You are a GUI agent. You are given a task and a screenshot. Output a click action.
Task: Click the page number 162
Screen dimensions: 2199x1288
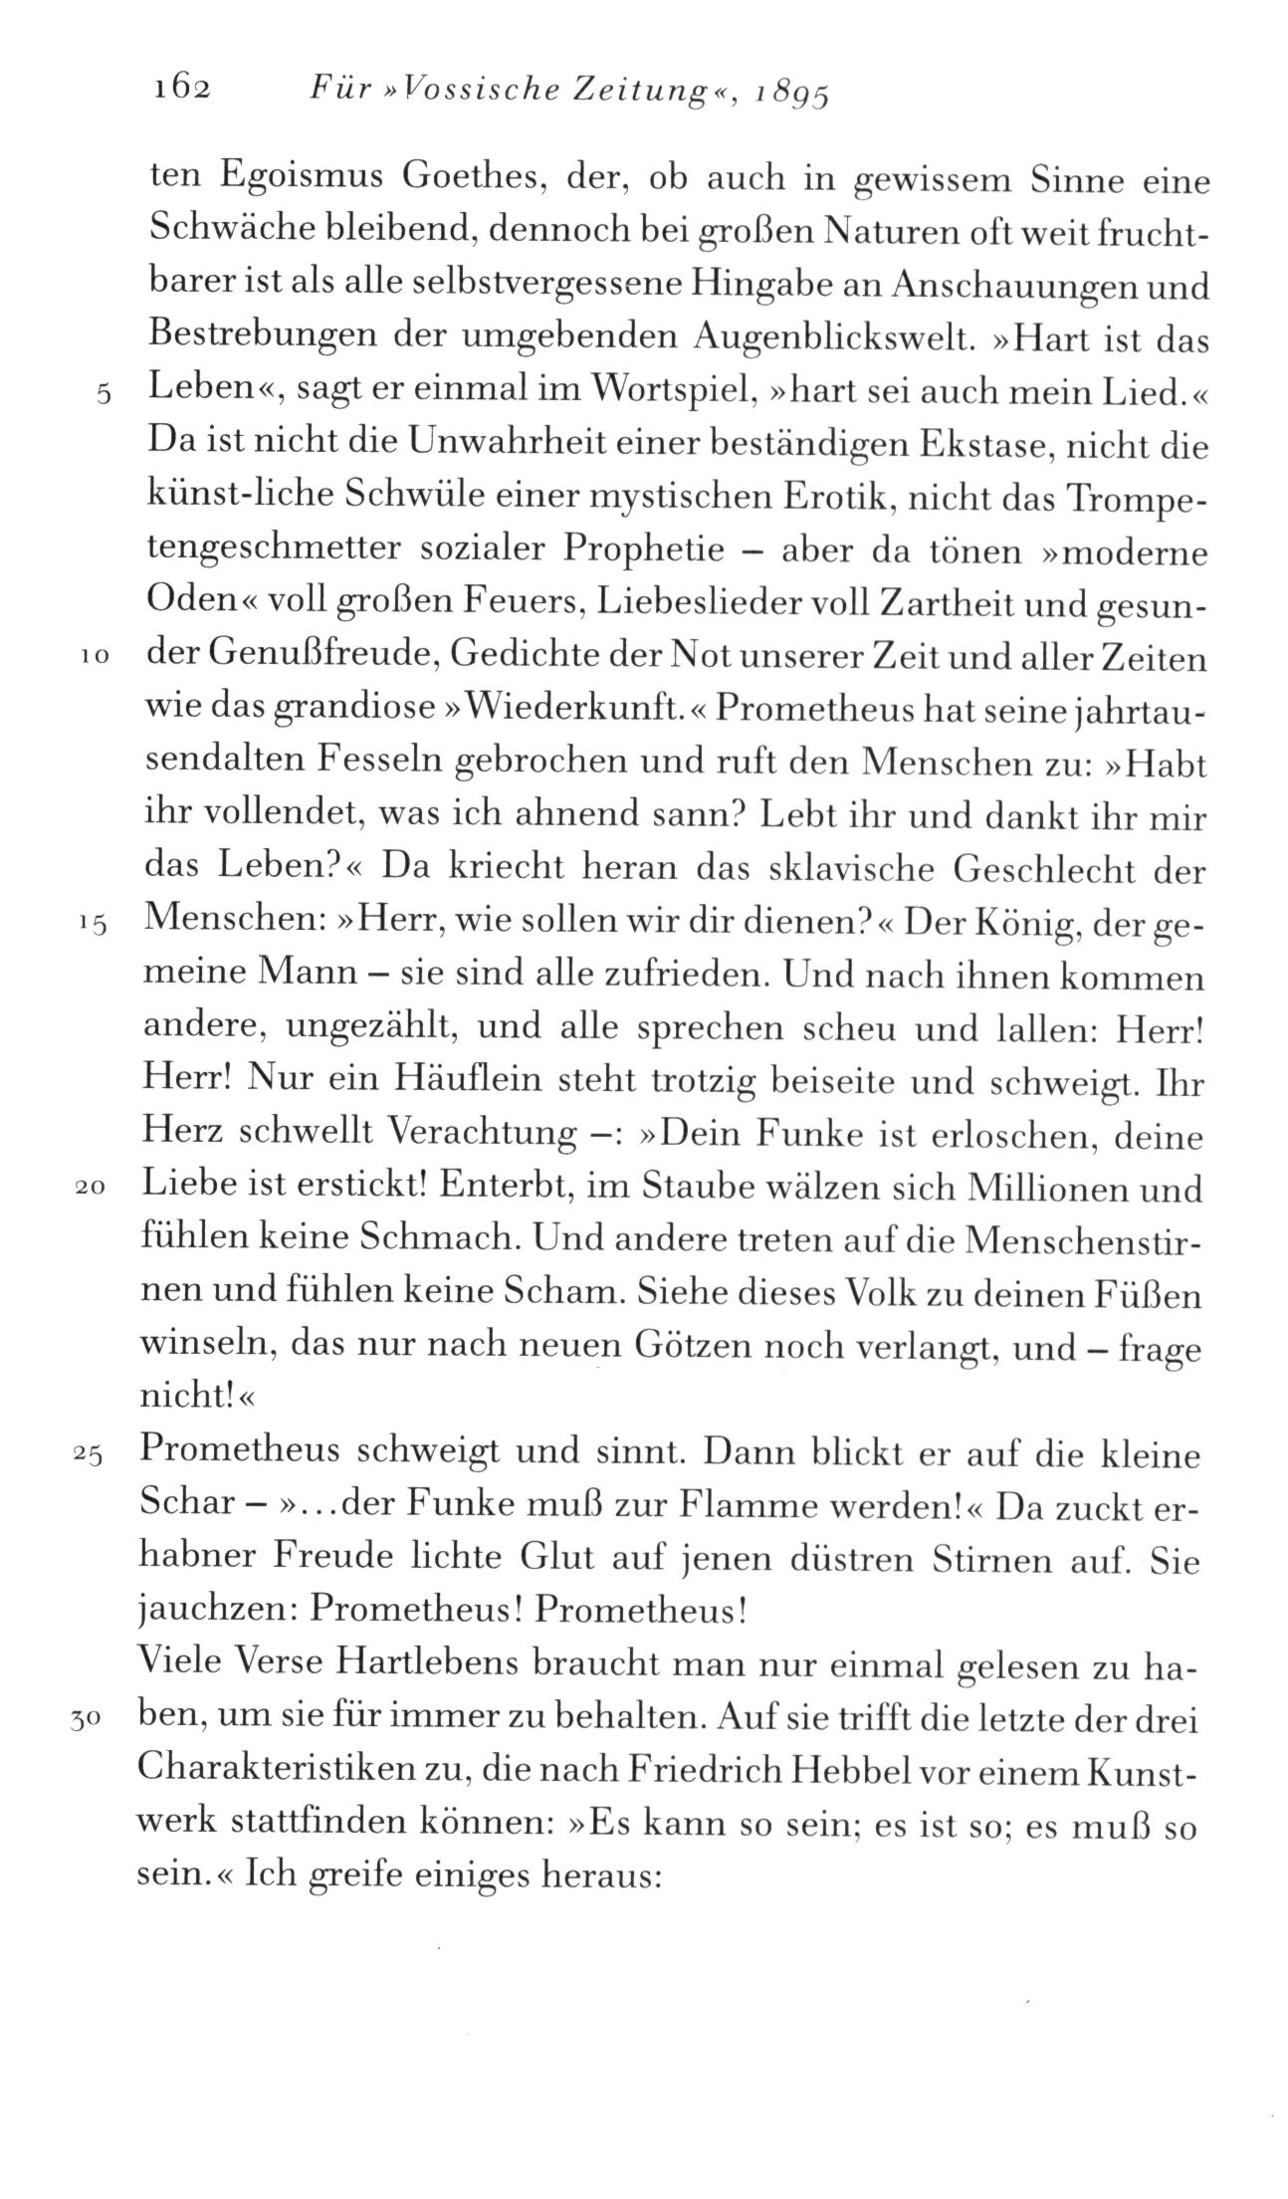click(182, 90)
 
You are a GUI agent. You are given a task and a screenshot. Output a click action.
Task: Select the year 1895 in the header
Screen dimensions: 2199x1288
click(791, 94)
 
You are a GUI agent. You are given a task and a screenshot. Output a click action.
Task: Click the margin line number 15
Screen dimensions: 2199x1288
click(92, 925)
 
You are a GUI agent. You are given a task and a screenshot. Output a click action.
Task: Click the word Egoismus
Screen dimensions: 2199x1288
click(298, 181)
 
